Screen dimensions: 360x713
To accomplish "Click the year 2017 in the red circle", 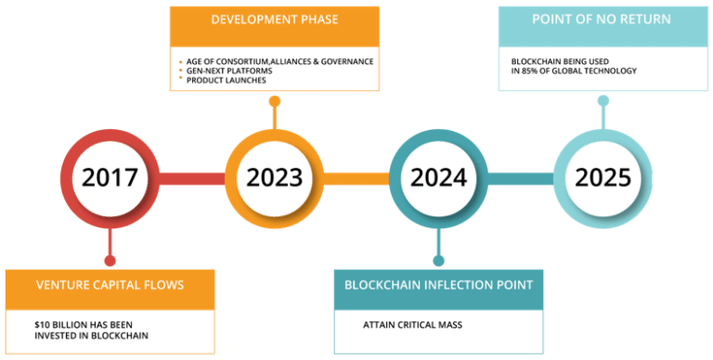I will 109,177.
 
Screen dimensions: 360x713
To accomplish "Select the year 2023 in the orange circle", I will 274,177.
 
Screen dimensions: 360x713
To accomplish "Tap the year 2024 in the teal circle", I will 437,177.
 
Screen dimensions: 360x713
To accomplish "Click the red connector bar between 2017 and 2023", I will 190,177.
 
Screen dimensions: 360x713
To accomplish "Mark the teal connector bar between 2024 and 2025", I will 520,177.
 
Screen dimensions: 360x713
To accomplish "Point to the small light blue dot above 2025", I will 603,100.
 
